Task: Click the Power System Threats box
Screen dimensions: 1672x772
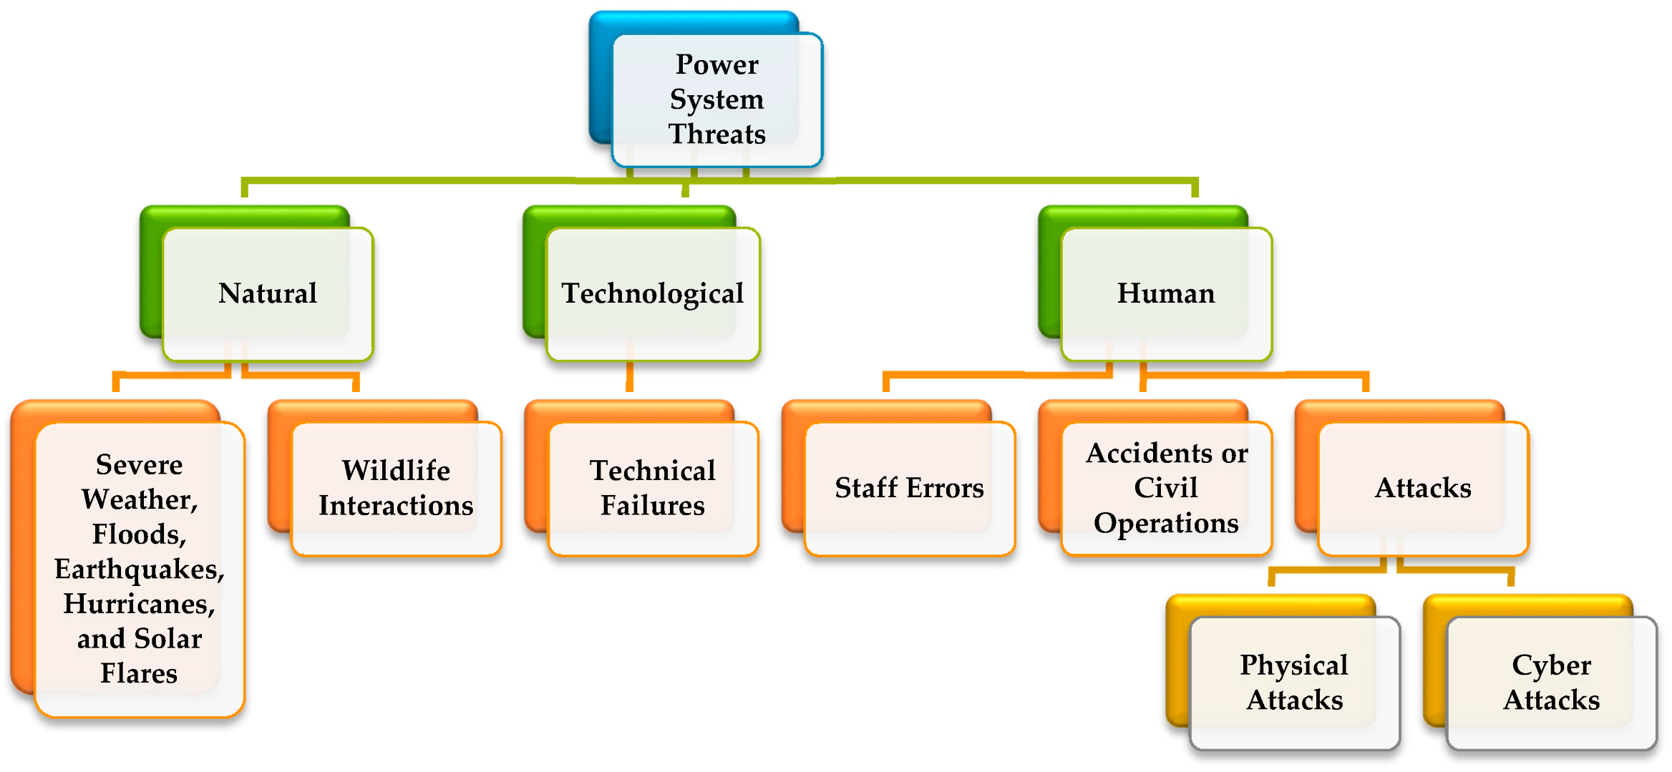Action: [716, 99]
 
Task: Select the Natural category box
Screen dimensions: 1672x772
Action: [268, 293]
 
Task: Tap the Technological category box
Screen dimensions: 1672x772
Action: [652, 293]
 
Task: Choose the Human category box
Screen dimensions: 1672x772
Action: [1166, 293]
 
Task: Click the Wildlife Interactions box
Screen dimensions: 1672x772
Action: [396, 488]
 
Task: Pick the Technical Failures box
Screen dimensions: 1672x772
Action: [652, 488]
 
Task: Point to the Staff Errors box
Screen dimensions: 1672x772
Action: [909, 488]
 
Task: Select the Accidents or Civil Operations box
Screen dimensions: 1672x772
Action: [1166, 488]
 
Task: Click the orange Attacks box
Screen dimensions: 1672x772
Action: [1423, 488]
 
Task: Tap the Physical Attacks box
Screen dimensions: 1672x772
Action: [1294, 683]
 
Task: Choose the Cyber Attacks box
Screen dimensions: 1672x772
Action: [1551, 683]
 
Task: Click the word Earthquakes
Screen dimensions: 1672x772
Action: [138, 570]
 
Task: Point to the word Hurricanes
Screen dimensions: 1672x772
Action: [138, 604]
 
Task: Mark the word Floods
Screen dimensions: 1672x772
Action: [138, 534]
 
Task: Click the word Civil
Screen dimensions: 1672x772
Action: [1165, 488]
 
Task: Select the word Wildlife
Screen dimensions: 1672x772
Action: [396, 471]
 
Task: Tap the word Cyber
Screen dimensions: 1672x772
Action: [1551, 665]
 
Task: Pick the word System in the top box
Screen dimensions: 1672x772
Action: [716, 99]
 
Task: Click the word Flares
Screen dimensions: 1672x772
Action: [138, 673]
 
